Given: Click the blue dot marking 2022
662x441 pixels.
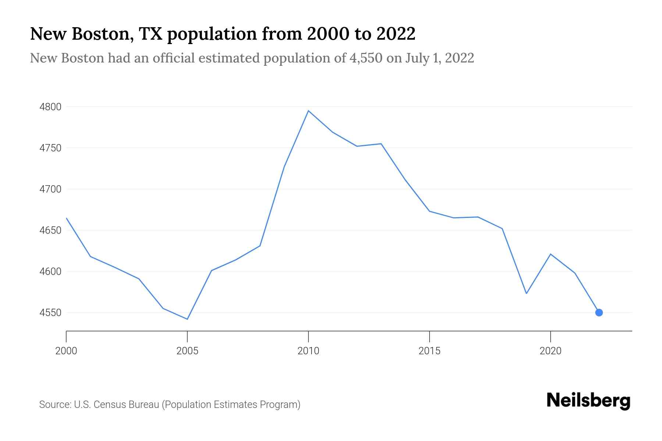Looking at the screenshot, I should (599, 312).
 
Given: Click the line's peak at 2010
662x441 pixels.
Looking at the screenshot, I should (308, 111).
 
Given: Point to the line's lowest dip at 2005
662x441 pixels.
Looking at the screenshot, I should (187, 319).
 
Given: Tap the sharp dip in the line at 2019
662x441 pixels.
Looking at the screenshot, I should (526, 293).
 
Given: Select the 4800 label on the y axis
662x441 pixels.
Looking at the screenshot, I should (50, 107).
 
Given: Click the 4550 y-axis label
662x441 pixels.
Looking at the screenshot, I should (50, 313).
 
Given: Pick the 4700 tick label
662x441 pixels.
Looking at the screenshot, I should (50, 189).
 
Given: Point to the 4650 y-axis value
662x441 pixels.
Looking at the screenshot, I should (50, 230).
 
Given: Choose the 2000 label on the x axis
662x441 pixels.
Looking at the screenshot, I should (66, 351).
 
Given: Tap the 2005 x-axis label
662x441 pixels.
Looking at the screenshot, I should (187, 351).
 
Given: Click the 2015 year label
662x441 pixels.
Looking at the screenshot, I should (429, 351).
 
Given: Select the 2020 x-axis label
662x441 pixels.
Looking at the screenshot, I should (550, 351).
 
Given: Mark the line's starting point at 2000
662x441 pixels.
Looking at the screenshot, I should (67, 218).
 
